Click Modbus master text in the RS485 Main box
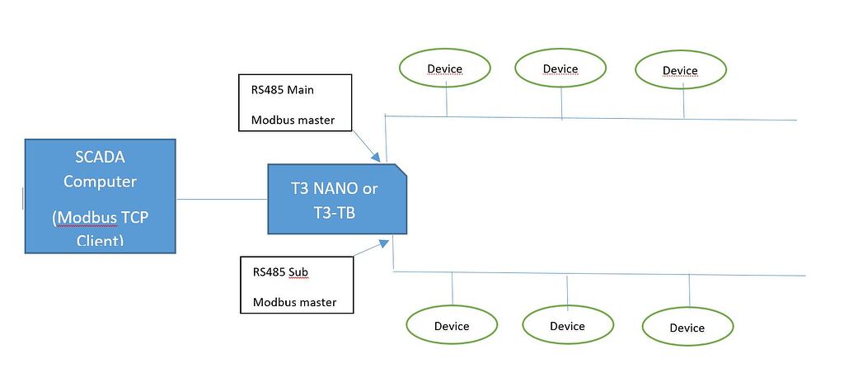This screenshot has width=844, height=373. pos(293,120)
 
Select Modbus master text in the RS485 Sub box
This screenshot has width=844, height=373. pos(294,302)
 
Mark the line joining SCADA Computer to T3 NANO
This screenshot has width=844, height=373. pos(222,199)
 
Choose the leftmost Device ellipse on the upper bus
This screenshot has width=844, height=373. pos(444,68)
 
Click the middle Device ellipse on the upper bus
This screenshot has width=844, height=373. pos(560,68)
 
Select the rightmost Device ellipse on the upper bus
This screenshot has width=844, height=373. pos(680,70)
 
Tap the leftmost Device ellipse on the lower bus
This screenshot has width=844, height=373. pos(452,326)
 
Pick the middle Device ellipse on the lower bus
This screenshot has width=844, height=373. pos(567,326)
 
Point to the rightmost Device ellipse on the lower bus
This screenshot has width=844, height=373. pos(687,328)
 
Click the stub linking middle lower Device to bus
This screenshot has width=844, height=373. pos(567,290)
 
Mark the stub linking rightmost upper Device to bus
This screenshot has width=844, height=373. pos(683,103)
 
